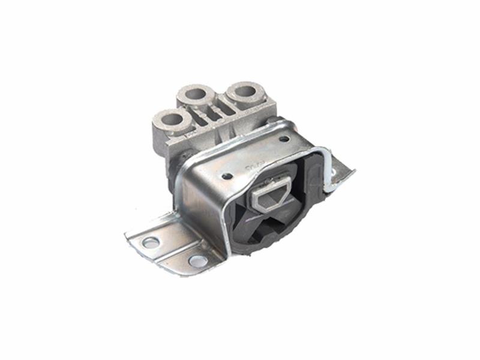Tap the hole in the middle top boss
click(196, 94)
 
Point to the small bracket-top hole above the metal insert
click(227, 176)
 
